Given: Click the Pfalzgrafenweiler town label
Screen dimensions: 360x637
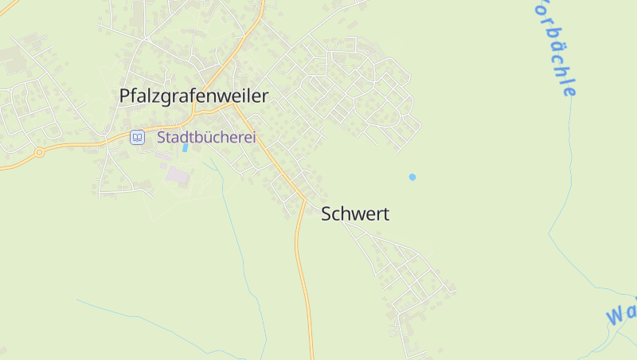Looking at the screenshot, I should pos(193,96).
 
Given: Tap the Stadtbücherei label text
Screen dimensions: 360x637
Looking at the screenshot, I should pos(206,137).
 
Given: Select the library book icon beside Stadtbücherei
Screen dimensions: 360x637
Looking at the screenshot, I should pos(137,137).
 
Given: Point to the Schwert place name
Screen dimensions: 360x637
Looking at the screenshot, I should pos(355,213).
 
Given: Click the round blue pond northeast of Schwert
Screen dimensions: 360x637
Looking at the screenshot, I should pos(412,177).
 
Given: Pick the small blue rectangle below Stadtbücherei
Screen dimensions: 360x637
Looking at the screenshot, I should pos(186,147).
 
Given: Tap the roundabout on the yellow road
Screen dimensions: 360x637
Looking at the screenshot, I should pos(38,152).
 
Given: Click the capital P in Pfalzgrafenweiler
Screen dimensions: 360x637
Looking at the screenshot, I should pos(124,96).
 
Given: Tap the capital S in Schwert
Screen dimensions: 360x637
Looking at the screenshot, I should pos(326,213).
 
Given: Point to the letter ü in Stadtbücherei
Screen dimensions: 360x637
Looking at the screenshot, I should pos(206,137).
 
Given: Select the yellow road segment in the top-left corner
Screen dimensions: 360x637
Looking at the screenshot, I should pos(8,8).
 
